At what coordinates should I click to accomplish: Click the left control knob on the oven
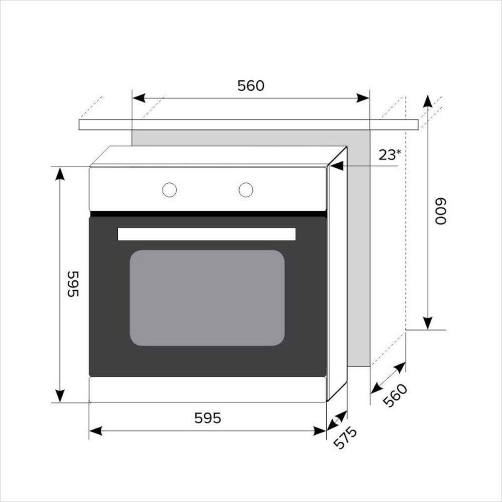pyautogui.click(x=169, y=190)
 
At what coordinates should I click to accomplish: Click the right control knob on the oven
pyautogui.click(x=246, y=190)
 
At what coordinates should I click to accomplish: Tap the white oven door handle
pyautogui.click(x=207, y=234)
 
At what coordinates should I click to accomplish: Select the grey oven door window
pyautogui.click(x=207, y=298)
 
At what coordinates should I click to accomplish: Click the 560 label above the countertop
pyautogui.click(x=251, y=86)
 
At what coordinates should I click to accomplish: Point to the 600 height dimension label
pyautogui.click(x=441, y=211)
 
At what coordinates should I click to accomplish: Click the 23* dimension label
pyautogui.click(x=389, y=155)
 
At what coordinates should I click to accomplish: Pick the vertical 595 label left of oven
pyautogui.click(x=73, y=284)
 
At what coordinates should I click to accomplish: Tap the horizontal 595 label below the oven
pyautogui.click(x=207, y=418)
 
